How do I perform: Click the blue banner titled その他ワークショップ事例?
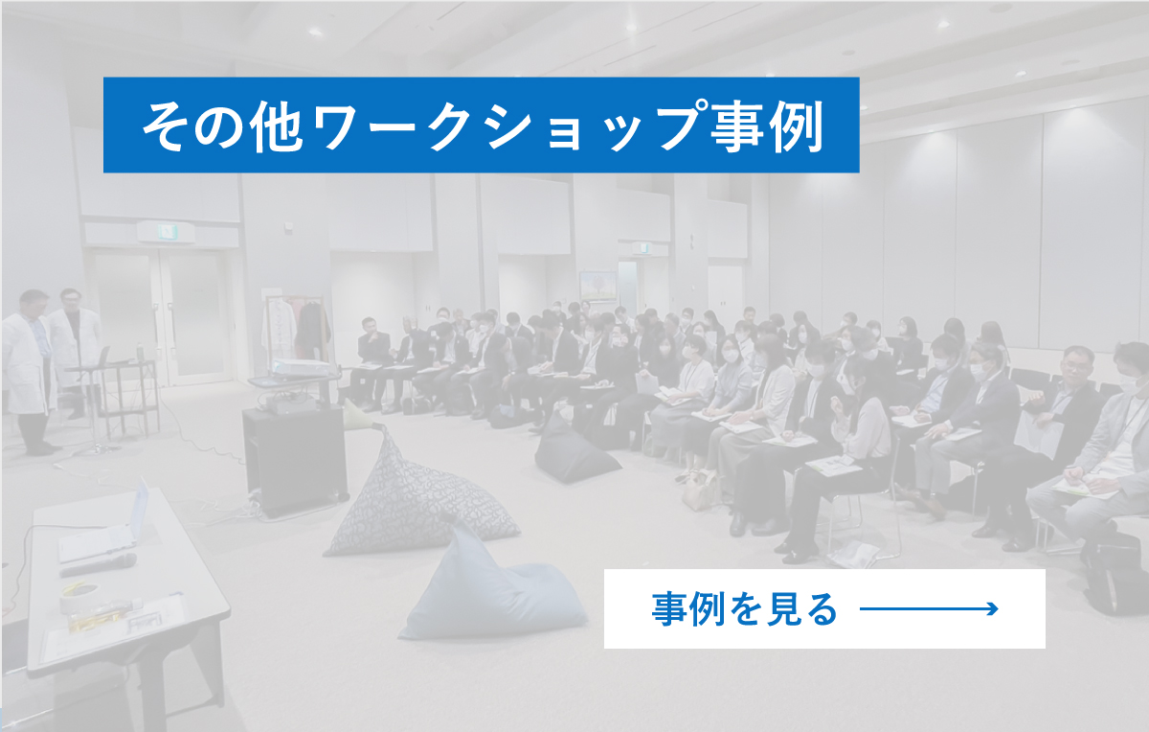481,125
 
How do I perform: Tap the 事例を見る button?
824,608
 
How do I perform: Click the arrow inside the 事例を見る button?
929,608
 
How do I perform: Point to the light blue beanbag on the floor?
493,590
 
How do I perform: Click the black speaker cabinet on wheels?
295,460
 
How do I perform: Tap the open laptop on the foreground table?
106,529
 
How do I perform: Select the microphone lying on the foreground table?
99,564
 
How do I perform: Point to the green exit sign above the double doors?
166,233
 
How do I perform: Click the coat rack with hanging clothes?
296,327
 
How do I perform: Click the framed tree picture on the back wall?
598,286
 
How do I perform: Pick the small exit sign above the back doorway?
642,248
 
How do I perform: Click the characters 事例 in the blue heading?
767,126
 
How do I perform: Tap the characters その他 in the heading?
221,126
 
